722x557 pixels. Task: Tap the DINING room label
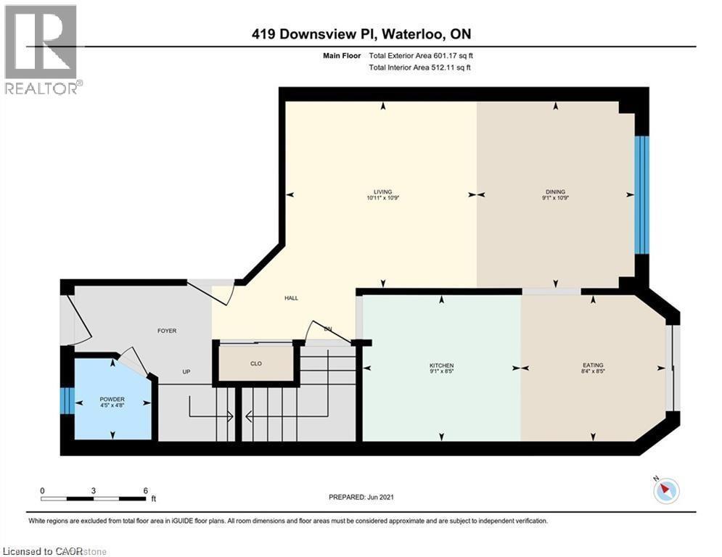pos(555,192)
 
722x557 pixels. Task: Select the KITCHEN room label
pos(441,365)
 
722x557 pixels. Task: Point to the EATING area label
pos(593,365)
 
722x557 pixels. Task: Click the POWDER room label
pos(112,399)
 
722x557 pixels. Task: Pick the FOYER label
pos(167,331)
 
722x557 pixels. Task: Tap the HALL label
pos(291,298)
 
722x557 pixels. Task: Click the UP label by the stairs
pos(186,372)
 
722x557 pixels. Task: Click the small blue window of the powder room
pos(67,400)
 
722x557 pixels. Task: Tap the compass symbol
pos(665,491)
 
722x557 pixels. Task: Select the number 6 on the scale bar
pos(146,490)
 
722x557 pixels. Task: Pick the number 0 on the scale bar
pos(42,490)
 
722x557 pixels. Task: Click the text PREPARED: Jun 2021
pos(361,497)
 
